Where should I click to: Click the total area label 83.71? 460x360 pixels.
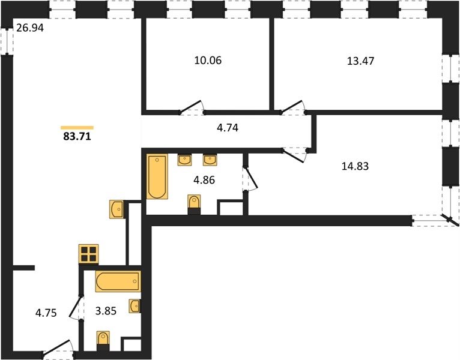click(x=77, y=137)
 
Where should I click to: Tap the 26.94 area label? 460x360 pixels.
click(x=30, y=28)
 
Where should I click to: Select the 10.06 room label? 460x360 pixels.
click(x=208, y=61)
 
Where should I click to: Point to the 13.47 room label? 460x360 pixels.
click(x=360, y=61)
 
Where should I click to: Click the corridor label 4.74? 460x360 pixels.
click(x=228, y=128)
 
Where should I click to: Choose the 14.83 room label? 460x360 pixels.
click(x=355, y=166)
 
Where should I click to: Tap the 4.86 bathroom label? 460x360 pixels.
click(x=204, y=180)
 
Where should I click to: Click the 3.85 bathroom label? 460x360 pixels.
click(x=106, y=311)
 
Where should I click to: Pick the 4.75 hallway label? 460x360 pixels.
click(x=46, y=313)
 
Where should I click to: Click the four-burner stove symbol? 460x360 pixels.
click(x=89, y=254)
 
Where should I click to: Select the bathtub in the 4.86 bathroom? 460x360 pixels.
click(x=157, y=177)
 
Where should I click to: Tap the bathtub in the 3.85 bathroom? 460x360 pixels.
click(x=118, y=281)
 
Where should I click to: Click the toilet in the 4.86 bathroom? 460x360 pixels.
click(x=194, y=205)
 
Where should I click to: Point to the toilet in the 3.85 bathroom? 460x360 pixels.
click(x=103, y=341)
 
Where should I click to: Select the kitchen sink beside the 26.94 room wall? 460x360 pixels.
click(x=117, y=209)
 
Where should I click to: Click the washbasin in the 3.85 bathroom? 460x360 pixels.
click(x=135, y=306)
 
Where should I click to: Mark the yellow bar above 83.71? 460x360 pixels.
click(x=77, y=128)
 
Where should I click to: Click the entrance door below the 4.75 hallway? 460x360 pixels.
click(x=59, y=349)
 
